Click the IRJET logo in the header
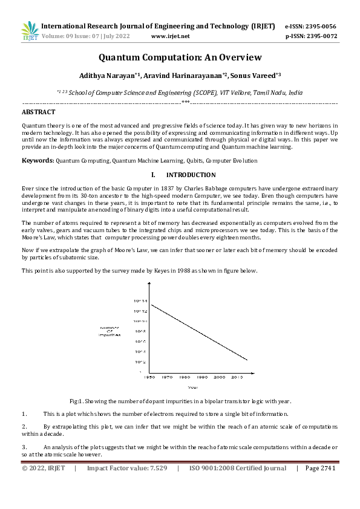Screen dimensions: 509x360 pyautogui.click(x=30, y=31)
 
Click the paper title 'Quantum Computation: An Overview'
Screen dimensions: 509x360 pyautogui.click(x=180, y=57)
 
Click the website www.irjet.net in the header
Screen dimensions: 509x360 pyautogui.click(x=170, y=36)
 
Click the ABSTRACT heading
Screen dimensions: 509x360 pyautogui.click(x=39, y=112)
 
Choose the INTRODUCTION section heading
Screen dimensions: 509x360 pyautogui.click(x=191, y=175)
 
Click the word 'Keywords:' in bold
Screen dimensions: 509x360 pyautogui.click(x=38, y=161)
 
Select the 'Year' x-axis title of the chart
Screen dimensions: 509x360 pyautogui.click(x=192, y=387)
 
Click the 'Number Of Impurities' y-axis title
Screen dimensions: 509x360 pyautogui.click(x=110, y=331)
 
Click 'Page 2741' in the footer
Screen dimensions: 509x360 pyautogui.click(x=320, y=468)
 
